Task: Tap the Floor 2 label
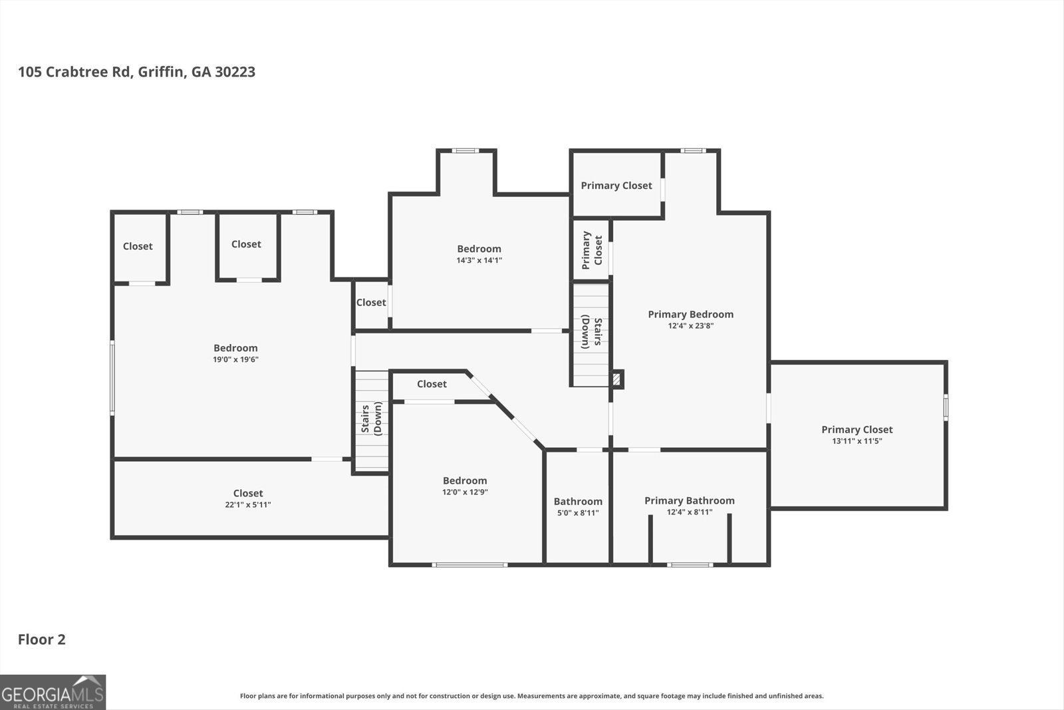(x=41, y=639)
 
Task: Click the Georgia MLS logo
(x=53, y=692)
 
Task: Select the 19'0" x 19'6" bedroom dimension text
(x=235, y=359)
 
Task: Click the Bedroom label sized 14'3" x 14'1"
(x=479, y=249)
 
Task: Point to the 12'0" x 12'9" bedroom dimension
(x=465, y=492)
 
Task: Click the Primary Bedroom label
(x=690, y=314)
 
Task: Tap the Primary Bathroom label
(x=689, y=500)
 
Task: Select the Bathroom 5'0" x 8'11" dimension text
(x=578, y=513)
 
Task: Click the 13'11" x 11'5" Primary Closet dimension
(x=857, y=441)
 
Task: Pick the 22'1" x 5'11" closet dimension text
(x=247, y=504)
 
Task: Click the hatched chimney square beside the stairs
(x=617, y=379)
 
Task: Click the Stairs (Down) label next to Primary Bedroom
(x=591, y=332)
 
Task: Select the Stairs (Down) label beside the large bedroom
(x=371, y=418)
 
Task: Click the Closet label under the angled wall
(x=432, y=384)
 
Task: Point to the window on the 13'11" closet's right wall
(x=946, y=407)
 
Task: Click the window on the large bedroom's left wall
(x=112, y=377)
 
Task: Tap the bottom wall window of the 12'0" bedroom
(x=469, y=565)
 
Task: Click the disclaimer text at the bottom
(x=531, y=696)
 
